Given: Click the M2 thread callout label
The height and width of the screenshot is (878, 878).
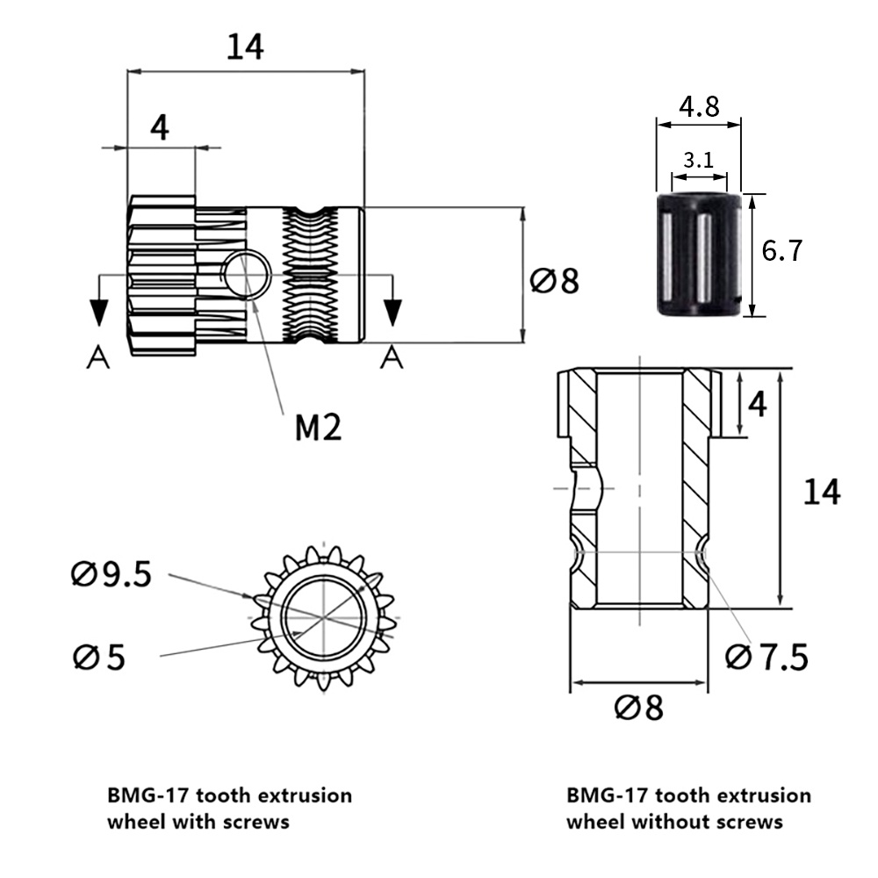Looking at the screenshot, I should pos(318,428).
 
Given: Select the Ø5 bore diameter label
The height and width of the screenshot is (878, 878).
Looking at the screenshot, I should pos(99,657).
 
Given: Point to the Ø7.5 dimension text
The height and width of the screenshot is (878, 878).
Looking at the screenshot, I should pos(766,656).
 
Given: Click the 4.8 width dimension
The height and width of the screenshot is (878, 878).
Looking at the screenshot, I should pos(699,107).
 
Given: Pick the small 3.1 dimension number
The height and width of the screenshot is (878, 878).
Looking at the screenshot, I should pos(699,160).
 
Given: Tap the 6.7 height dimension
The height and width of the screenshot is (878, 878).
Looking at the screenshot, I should pos(782,252).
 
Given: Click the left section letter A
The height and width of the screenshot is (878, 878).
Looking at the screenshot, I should pos(98,357).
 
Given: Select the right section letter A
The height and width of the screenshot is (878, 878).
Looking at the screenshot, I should pos(392,357).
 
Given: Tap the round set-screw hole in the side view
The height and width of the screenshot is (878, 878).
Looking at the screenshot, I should pos(246,276).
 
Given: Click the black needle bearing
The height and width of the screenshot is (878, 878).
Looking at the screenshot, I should pos(699,255).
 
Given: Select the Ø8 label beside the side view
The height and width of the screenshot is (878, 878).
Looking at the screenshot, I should pos(555,282).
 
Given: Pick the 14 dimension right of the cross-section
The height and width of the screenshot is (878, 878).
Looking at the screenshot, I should pos(822,492).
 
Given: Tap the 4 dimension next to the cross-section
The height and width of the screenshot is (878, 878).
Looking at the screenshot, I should pos(758,404).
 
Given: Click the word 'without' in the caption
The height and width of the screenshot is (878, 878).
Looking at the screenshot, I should pos(667,823).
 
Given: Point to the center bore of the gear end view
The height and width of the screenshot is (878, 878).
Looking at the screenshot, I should pos(324,618).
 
